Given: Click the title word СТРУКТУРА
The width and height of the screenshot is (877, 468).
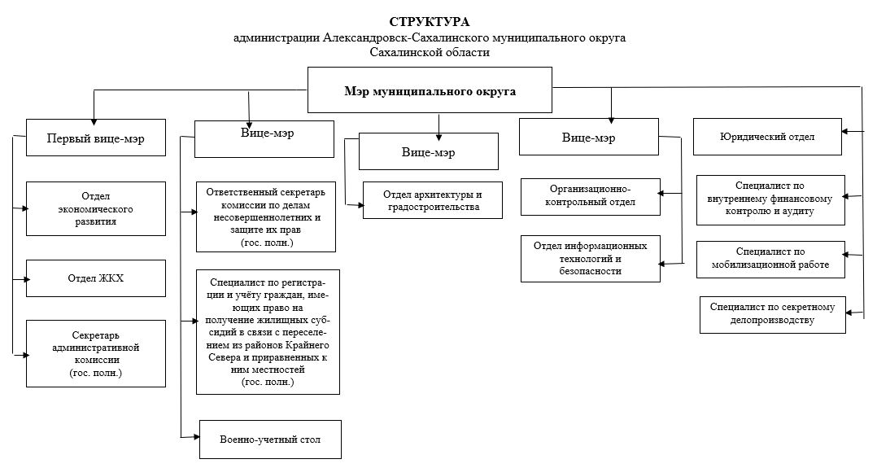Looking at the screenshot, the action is click(x=430, y=22).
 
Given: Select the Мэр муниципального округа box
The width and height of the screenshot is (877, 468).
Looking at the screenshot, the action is click(x=430, y=90).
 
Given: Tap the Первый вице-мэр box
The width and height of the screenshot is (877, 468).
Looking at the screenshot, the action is click(x=96, y=138).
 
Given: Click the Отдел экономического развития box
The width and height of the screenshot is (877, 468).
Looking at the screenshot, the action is click(x=96, y=209).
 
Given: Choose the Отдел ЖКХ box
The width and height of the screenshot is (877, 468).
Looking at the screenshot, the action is click(x=96, y=278).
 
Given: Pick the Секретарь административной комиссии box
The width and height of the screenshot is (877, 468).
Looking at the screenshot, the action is click(x=96, y=354).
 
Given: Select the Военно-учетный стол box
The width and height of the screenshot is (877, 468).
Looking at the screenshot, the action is click(x=270, y=440).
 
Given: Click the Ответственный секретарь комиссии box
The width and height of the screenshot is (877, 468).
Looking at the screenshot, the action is click(x=266, y=217).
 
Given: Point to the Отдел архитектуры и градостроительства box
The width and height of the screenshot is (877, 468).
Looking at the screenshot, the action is click(x=432, y=200).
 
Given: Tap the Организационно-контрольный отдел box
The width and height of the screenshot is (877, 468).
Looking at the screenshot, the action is click(x=590, y=196).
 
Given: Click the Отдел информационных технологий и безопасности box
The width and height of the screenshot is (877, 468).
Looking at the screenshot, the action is click(x=590, y=259).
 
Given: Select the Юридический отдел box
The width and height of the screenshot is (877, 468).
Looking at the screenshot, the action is click(x=767, y=137).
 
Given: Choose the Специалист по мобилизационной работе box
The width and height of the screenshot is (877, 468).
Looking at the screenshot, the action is click(x=770, y=260).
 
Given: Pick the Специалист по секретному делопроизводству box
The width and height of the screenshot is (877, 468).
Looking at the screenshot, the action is click(x=772, y=315).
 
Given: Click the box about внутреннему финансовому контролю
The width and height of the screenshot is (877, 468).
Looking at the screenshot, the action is click(x=770, y=200).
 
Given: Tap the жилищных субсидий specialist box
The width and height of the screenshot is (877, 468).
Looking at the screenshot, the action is click(x=268, y=332).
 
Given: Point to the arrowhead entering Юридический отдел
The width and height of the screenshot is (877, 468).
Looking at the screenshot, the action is click(x=846, y=132).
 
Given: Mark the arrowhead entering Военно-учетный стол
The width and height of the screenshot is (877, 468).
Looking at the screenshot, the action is click(x=196, y=436).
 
